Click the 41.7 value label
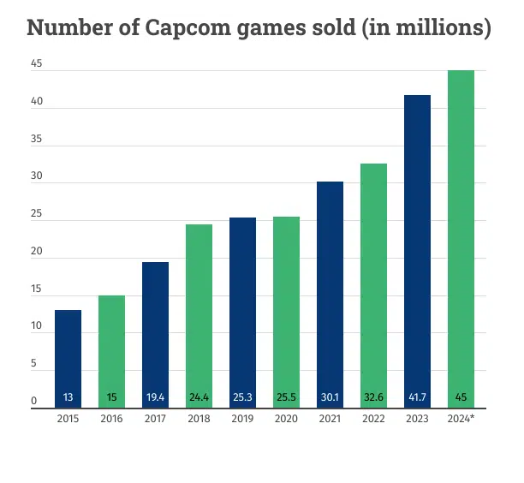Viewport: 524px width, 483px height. (417, 397)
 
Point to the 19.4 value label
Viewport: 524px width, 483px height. (155, 397)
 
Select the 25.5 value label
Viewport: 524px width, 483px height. (286, 397)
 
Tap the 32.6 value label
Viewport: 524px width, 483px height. (373, 397)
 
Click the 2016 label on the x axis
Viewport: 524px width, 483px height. (111, 420)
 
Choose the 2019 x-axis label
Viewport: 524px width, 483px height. (242, 420)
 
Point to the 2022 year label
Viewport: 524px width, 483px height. (373, 420)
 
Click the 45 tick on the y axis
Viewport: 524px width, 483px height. (34, 64)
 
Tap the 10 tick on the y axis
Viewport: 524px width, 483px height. (34, 326)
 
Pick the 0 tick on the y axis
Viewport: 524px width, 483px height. (34, 401)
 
